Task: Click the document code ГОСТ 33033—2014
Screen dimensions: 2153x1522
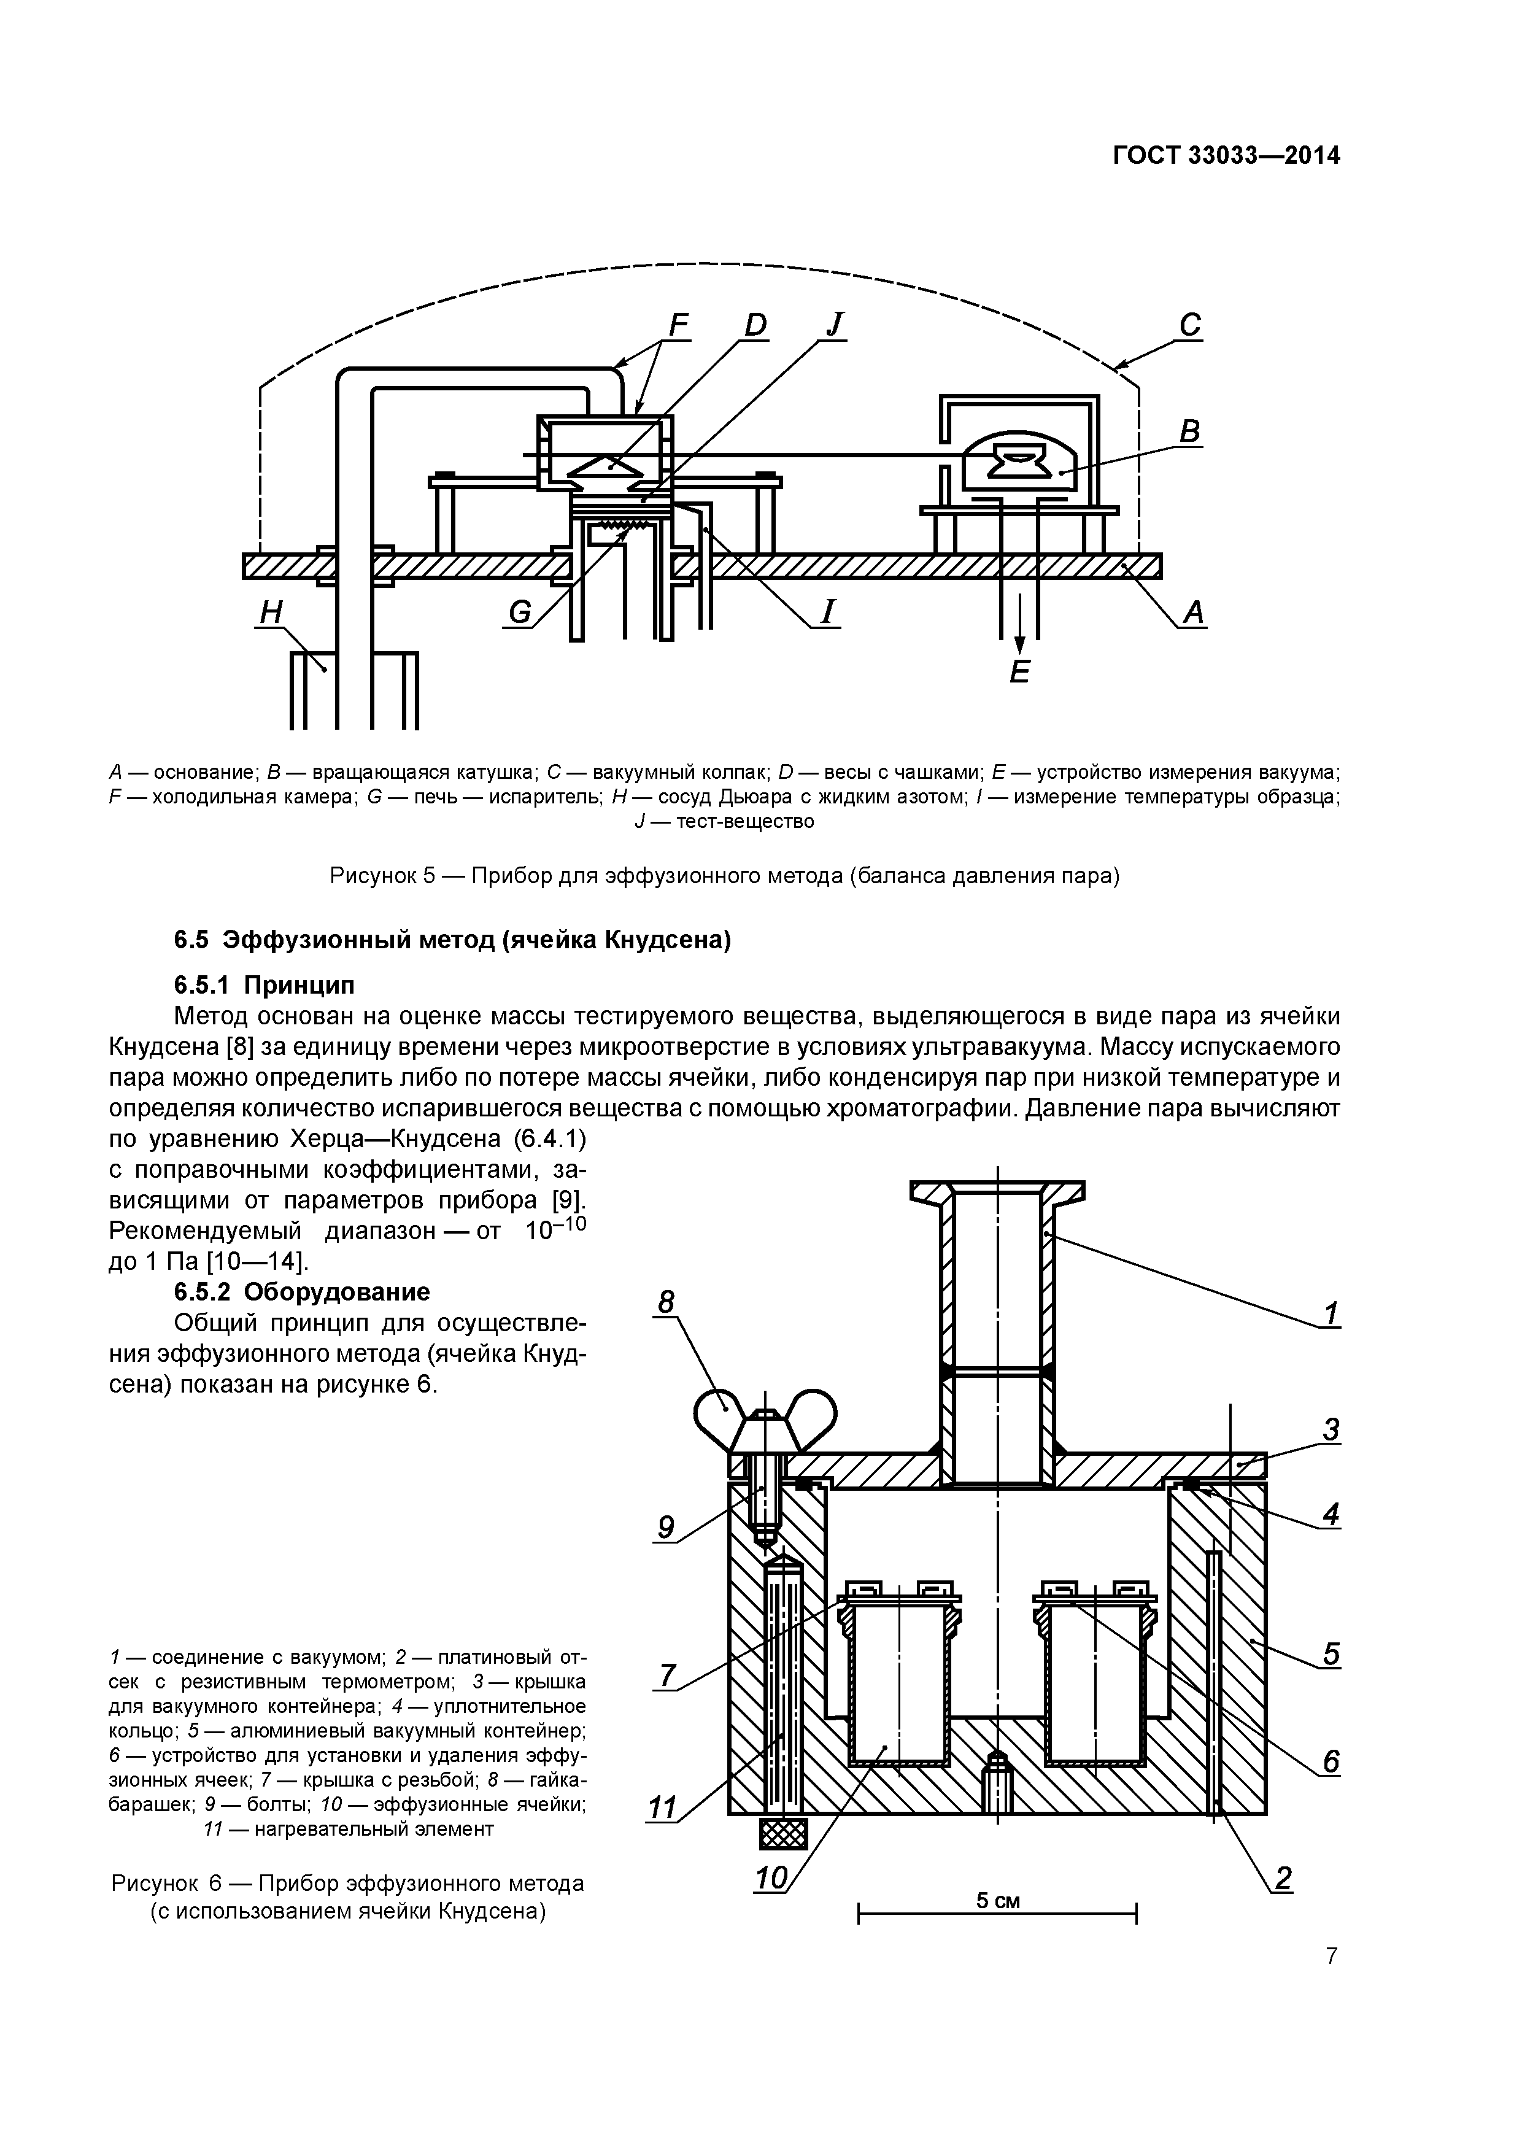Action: pos(1226,156)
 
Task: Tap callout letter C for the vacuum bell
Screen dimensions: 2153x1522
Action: pos(1189,325)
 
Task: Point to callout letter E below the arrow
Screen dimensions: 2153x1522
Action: pos(1019,671)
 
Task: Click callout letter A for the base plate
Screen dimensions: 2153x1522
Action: pos(1193,613)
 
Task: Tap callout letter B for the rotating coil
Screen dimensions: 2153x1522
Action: pos(1189,431)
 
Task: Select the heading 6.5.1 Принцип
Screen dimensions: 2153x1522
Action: pos(265,984)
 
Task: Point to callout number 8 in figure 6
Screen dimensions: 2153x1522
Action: pos(666,1302)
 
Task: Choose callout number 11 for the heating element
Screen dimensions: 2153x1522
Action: pos(662,1807)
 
